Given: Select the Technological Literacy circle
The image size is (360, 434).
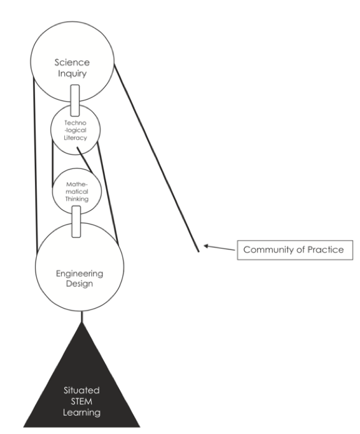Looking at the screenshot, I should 75,131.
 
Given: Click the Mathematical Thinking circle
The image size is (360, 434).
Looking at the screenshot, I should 75,190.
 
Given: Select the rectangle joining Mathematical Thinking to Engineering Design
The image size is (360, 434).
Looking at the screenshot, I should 77,222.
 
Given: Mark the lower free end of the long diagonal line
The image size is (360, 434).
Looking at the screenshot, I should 198,251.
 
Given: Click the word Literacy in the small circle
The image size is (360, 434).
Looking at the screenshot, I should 75,139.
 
